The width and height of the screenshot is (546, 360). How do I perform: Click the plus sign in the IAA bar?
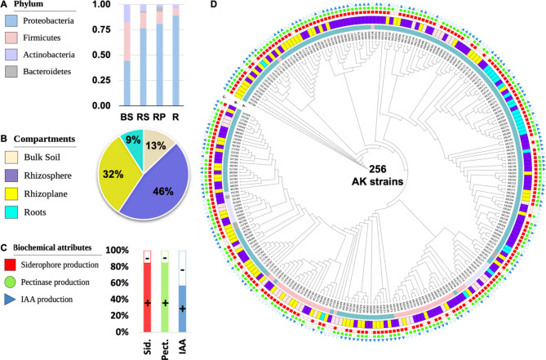tap(183, 309)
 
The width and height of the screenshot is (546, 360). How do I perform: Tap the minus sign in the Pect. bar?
tap(165, 256)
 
